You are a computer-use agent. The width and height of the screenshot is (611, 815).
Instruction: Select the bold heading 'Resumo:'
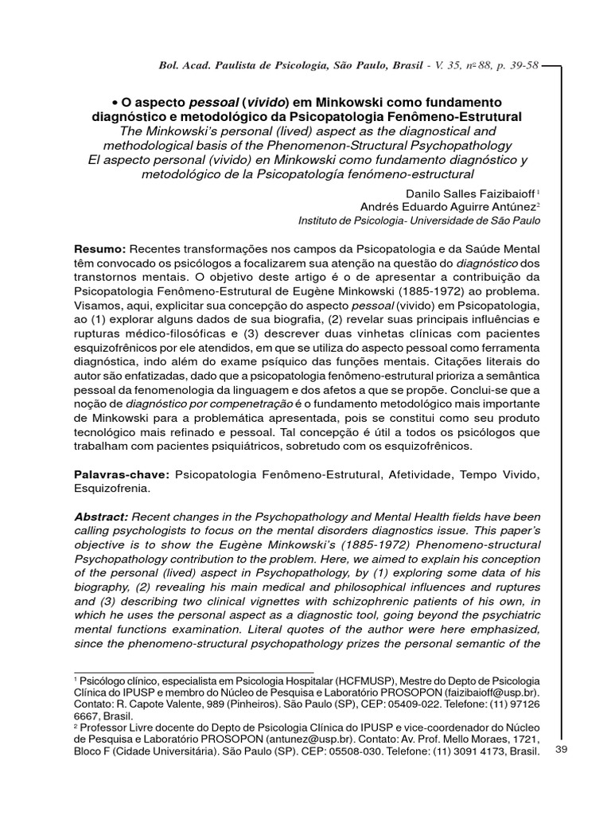tap(99, 248)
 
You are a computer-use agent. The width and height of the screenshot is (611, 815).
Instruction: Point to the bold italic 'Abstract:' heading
tap(101, 517)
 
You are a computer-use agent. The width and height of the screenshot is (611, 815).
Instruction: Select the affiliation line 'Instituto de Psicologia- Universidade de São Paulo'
tap(418, 220)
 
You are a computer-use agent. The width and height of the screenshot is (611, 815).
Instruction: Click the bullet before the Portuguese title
tap(115, 103)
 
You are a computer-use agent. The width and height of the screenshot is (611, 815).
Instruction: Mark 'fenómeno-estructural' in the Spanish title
tap(411, 174)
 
